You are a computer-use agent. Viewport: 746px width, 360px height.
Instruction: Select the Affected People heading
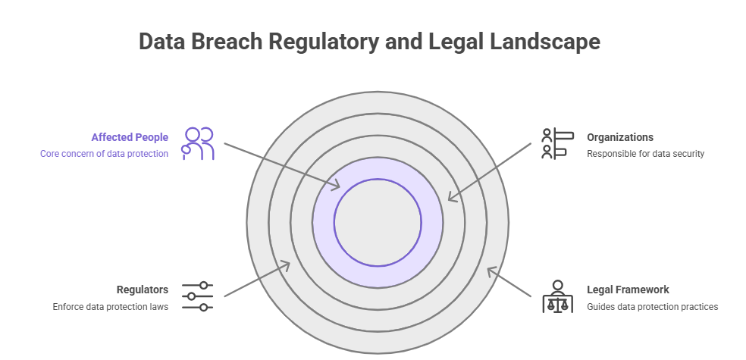(130, 137)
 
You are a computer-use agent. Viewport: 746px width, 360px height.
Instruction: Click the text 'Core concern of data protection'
(104, 154)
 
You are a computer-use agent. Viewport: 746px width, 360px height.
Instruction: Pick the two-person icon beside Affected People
(198, 143)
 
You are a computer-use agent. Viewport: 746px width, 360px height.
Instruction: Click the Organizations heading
(620, 137)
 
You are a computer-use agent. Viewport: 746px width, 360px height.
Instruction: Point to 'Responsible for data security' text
(646, 154)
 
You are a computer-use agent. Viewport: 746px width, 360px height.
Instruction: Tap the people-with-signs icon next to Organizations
(554, 143)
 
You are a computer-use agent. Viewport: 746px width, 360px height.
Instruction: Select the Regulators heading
(143, 290)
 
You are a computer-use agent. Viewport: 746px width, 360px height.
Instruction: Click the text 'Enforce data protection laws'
(111, 307)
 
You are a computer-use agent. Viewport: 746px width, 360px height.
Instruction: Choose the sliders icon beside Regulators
(198, 296)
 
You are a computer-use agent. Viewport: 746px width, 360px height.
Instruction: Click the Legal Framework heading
(628, 290)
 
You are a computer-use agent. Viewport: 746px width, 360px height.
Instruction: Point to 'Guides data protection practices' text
(653, 307)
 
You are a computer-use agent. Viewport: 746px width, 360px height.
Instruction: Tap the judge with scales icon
(558, 297)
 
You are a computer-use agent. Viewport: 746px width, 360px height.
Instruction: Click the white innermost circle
(378, 222)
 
